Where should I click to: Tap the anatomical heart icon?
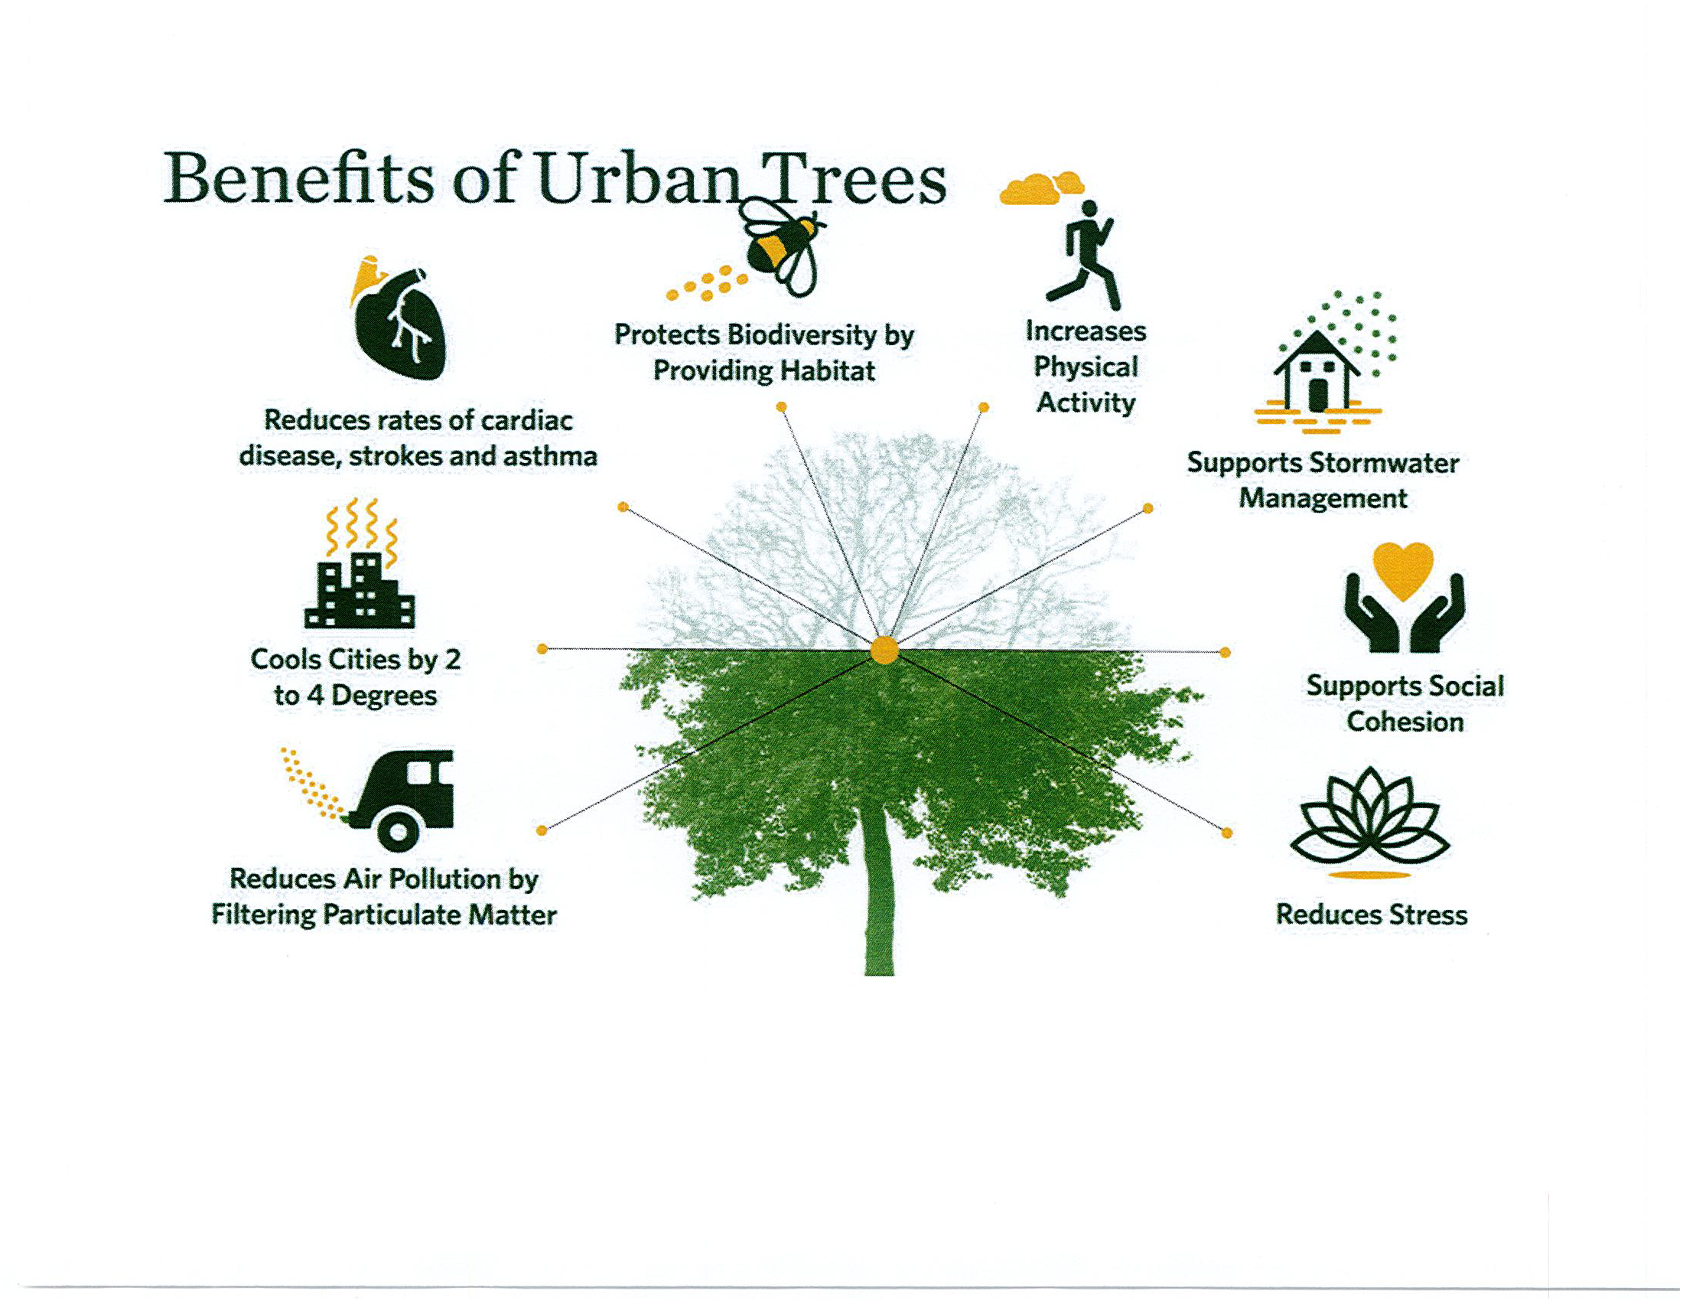click(399, 318)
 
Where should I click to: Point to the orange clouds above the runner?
click(1041, 189)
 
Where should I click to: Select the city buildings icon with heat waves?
click(360, 563)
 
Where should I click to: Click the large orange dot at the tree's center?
click(884, 650)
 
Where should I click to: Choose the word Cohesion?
click(1405, 722)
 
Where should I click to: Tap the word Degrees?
click(385, 696)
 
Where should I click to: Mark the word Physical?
click(1086, 367)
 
